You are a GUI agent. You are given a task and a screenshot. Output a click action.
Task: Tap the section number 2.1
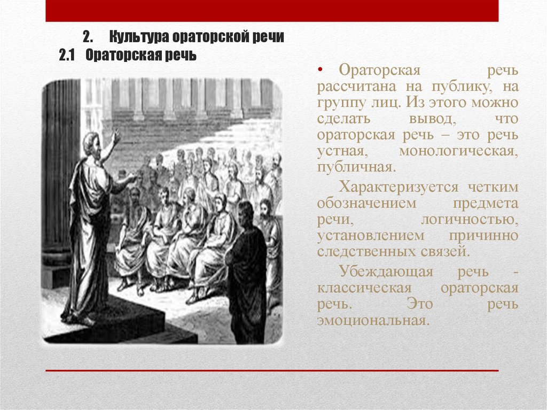[68, 56]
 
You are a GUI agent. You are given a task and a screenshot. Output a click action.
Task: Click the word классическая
[364, 288]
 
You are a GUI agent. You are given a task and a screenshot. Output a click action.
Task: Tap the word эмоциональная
[373, 321]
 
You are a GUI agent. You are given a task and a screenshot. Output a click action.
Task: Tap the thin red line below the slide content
[272, 370]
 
